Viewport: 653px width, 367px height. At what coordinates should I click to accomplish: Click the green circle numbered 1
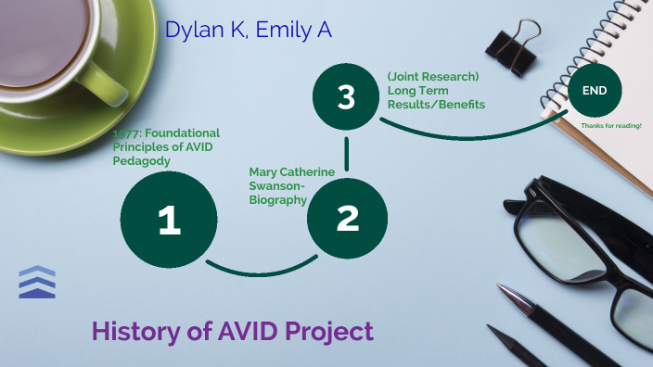[x=169, y=220]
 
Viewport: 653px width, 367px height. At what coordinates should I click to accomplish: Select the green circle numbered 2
[x=346, y=219]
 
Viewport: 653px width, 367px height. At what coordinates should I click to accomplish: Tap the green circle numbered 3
[x=346, y=97]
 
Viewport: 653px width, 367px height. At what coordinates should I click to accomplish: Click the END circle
[x=595, y=91]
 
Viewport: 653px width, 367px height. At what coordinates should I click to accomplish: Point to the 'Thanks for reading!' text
[x=610, y=125]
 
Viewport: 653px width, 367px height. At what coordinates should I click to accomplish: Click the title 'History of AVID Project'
[x=233, y=331]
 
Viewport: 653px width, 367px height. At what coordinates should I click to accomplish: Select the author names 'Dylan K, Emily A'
[x=249, y=30]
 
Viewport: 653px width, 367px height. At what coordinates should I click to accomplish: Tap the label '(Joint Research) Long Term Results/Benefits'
[x=436, y=91]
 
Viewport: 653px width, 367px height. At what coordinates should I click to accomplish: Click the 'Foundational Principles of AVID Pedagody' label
[x=167, y=146]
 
